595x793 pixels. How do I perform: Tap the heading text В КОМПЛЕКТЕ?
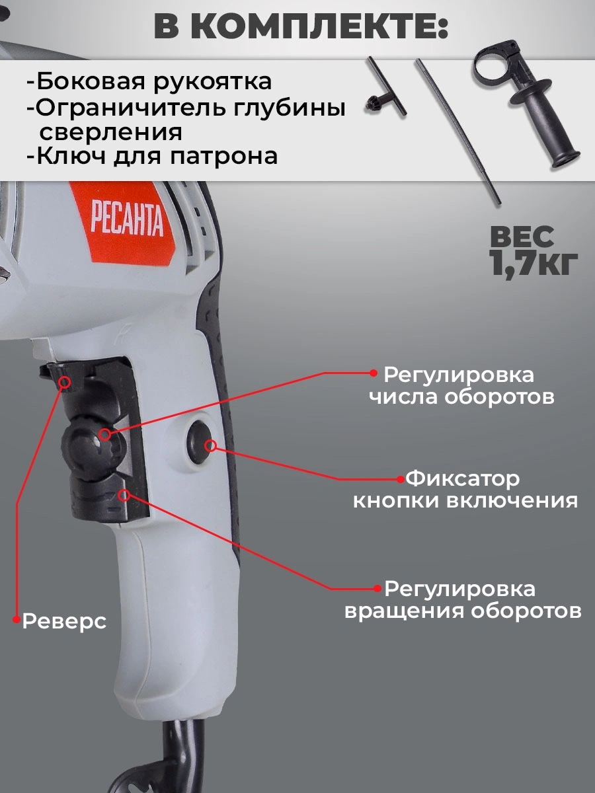pos(301,28)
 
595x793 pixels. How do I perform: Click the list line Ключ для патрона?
pos(152,157)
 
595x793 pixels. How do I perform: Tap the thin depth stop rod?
pos(458,133)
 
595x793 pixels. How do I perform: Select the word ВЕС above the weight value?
pos(522,237)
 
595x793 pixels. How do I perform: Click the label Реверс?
pos(64,621)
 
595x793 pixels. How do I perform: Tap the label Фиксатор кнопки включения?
pos(465,490)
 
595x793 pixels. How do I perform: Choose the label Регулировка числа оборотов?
pos(461,386)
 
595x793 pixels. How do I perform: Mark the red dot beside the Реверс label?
pos(16,619)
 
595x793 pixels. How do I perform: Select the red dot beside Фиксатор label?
pos(401,479)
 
